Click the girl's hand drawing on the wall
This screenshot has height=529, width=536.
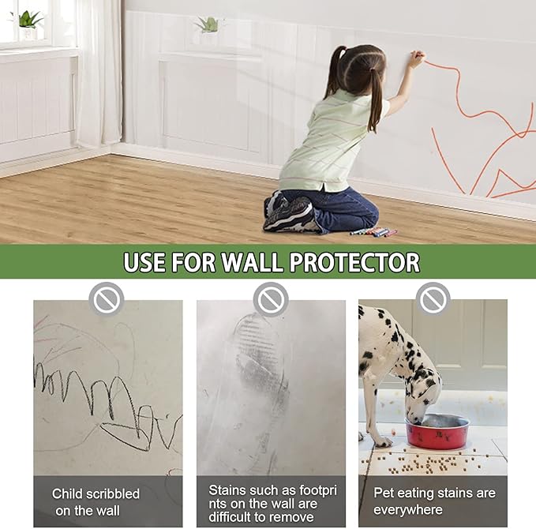pos(416,58)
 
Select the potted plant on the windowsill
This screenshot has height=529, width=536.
pos(29,18)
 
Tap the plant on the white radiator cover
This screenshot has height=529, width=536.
pos(209,24)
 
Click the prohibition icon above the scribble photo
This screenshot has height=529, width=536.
pos(107,299)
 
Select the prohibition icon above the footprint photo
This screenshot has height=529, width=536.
pos(271,299)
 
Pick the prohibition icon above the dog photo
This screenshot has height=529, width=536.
pos(433,299)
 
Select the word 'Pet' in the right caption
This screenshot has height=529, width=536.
pos(384,493)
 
